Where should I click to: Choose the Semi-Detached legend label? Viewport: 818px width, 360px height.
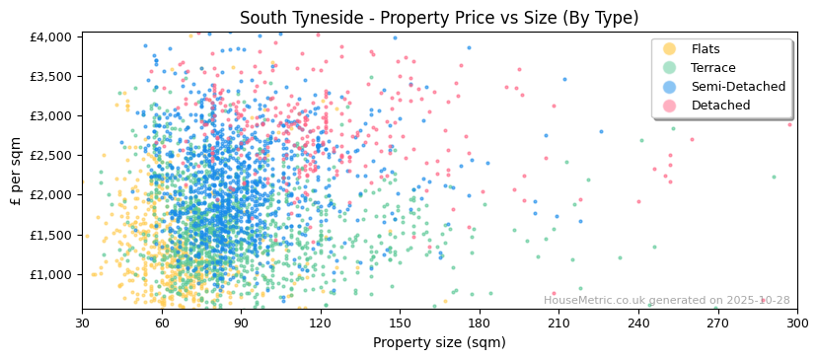[738, 87]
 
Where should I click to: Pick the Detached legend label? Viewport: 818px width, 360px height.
[720, 106]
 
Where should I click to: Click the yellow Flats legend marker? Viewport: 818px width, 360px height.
[670, 49]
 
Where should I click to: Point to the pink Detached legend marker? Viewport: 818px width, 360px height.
[670, 106]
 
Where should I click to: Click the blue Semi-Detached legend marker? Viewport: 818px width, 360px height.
[670, 87]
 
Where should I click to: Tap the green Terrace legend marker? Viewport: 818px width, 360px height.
[670, 68]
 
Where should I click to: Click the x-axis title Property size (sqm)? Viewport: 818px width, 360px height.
[439, 343]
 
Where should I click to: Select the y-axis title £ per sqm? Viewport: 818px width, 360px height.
[16, 172]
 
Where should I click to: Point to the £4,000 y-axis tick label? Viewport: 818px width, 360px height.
[50, 36]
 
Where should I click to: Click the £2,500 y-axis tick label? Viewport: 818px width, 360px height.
[50, 155]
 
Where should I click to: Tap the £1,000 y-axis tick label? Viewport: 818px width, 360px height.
[50, 274]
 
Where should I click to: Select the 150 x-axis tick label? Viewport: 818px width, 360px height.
[400, 323]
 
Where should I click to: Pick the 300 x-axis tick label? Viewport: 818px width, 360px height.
[796, 323]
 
